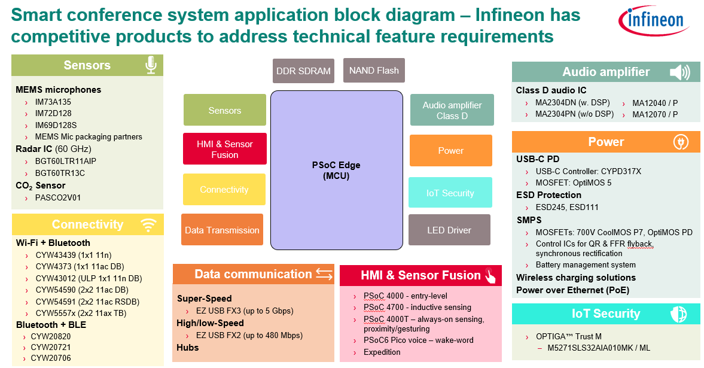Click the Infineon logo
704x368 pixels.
(x=654, y=21)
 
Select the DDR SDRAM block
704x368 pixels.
(x=303, y=71)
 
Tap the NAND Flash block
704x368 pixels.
(x=374, y=70)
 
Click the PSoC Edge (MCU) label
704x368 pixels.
(x=336, y=171)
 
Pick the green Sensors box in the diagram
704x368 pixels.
(x=224, y=110)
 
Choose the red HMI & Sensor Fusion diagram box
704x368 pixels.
(x=224, y=149)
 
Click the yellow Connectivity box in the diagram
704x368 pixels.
(x=224, y=189)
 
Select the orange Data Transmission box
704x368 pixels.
(x=222, y=230)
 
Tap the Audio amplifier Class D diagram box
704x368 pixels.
(x=452, y=110)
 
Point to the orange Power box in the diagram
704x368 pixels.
(x=450, y=150)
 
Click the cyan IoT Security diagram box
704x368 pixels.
(x=450, y=193)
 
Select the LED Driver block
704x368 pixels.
(x=449, y=230)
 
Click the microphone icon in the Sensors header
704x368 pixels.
(x=151, y=65)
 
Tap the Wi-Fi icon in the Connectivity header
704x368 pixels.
(x=148, y=224)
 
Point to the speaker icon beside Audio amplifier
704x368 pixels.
(x=679, y=72)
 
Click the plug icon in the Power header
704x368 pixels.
(x=681, y=142)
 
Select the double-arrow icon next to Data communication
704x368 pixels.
(x=324, y=274)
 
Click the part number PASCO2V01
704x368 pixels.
(x=58, y=197)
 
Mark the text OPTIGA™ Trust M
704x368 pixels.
(x=568, y=336)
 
